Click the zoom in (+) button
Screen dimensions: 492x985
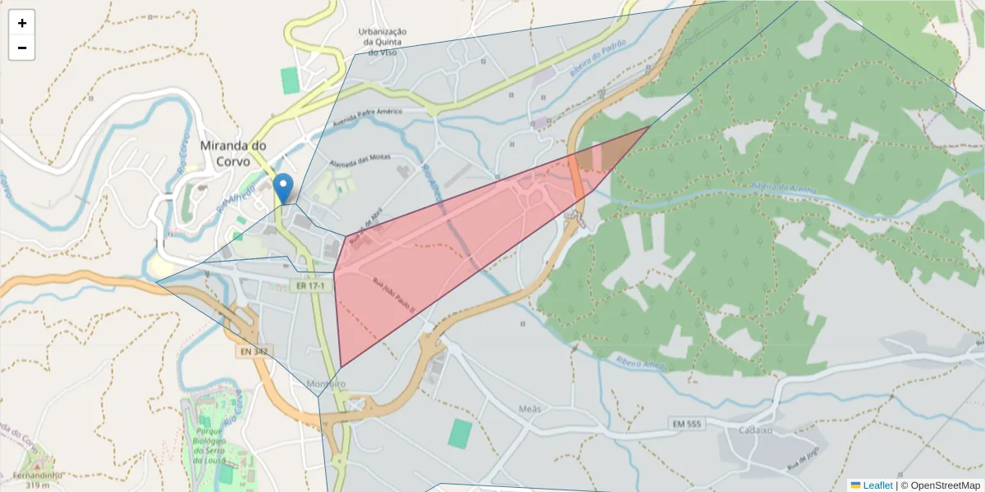22,23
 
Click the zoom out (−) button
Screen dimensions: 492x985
22,48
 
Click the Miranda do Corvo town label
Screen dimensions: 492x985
234,153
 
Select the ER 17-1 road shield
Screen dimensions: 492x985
311,285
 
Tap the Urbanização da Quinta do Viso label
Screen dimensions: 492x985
383,42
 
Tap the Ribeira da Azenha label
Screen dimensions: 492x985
783,189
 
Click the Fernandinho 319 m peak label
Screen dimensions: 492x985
38,480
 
